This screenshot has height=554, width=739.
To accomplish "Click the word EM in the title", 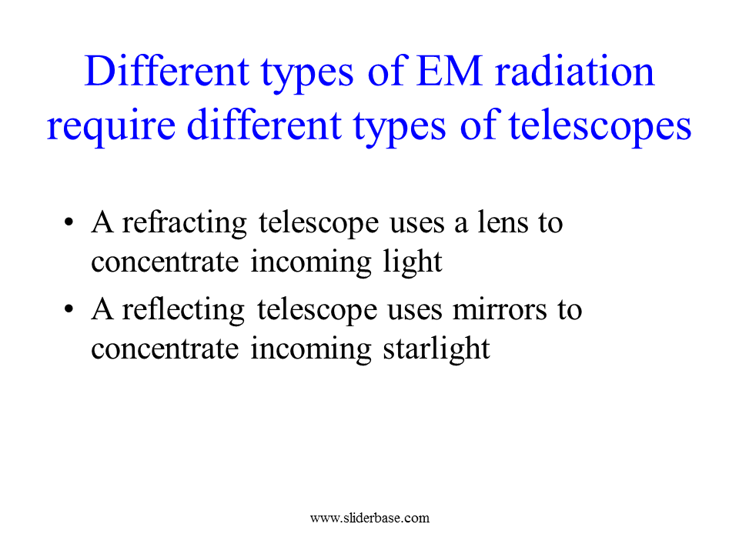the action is click(x=449, y=71).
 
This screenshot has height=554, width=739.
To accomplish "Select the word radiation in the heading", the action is click(x=574, y=71).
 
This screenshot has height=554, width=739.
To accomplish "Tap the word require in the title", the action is click(x=111, y=127).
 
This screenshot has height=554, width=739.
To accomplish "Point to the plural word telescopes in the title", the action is click(x=600, y=125).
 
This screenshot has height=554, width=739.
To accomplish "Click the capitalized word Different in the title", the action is click(x=167, y=71).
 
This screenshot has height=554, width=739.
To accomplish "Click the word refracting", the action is click(x=184, y=223).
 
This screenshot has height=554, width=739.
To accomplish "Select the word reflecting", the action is click(x=183, y=310).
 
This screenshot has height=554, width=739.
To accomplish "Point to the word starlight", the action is click(x=436, y=349).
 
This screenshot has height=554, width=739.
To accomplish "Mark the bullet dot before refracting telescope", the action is click(x=69, y=222).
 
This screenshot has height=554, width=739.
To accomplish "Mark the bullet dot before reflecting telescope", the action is click(x=69, y=309).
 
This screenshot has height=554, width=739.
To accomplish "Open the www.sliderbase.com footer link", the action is click(x=370, y=518).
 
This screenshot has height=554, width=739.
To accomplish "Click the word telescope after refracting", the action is click(x=319, y=223).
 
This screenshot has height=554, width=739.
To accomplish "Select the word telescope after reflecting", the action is click(x=317, y=310).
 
